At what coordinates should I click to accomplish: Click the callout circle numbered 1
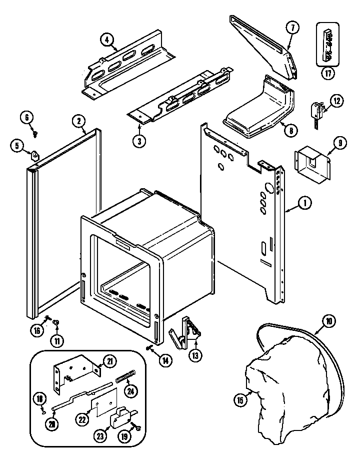point(304,203)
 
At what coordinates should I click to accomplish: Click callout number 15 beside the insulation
point(241,399)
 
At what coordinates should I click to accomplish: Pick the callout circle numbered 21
point(108,361)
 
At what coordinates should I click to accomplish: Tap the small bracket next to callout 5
point(34,156)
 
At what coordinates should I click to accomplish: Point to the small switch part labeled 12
point(316,110)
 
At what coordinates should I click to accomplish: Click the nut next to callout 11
point(56,323)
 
